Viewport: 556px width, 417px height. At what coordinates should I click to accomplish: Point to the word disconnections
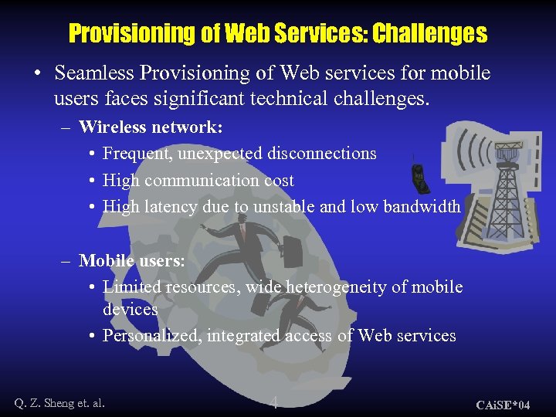(322, 154)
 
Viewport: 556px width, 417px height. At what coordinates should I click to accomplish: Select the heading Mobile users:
(131, 261)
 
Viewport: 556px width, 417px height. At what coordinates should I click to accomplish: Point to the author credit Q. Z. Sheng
(59, 402)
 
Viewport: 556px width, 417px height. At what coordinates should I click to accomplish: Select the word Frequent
(137, 154)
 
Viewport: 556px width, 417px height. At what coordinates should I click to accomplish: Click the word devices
(130, 310)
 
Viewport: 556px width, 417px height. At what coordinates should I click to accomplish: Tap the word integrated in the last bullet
(244, 336)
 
